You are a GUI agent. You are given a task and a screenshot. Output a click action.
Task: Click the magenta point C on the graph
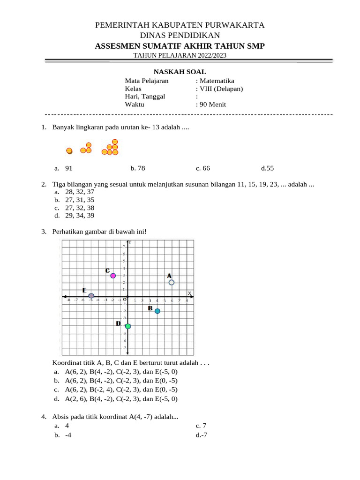113,276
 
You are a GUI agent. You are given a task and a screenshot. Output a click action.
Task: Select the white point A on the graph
172,282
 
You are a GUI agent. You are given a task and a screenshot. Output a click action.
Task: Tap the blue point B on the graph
157,311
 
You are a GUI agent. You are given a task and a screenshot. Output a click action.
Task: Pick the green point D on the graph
128,326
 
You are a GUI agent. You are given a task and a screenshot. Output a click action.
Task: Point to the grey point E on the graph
91,296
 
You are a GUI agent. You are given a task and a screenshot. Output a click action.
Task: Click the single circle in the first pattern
69,151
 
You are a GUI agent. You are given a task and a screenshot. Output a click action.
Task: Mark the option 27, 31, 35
80,200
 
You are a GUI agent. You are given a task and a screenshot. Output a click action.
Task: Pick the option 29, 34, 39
80,216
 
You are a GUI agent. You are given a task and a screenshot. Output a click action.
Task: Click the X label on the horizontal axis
189,293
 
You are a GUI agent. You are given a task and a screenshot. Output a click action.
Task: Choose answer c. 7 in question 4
201,426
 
